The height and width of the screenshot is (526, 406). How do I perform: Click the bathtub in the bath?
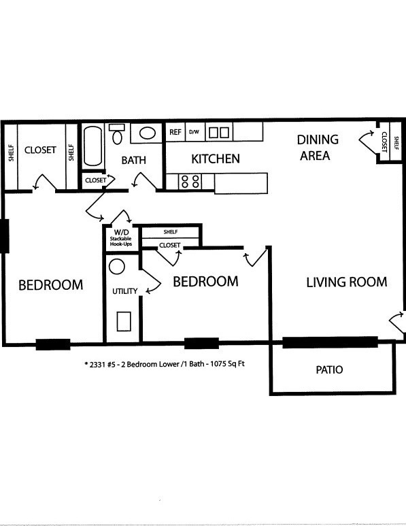coord(92,146)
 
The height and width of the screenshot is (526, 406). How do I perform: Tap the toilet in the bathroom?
coord(117,133)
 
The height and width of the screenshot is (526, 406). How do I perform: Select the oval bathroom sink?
coord(147,133)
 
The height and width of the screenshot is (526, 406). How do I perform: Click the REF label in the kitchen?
coord(175,132)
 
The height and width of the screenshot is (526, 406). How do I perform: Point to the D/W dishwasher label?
coord(194,132)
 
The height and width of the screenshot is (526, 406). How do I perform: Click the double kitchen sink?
coord(219,133)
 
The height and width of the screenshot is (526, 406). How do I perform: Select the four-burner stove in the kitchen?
coord(190,181)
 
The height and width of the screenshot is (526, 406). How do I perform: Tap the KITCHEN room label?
coord(216,159)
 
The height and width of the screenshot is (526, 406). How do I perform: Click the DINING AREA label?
coord(317,147)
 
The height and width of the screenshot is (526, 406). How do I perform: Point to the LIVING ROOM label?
coord(347,282)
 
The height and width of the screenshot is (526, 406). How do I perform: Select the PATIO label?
coord(329,369)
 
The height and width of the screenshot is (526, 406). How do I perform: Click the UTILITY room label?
coord(124,291)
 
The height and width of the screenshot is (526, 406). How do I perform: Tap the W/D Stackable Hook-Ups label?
coord(121,238)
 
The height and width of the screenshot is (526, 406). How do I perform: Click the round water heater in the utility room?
coord(117,267)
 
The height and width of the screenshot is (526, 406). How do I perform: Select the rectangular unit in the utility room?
coord(124,321)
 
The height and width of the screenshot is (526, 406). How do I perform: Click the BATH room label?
coord(133,161)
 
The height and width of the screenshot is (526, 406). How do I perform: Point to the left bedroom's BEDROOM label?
coord(50,285)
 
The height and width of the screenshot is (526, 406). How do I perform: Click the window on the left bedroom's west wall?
coord(4,236)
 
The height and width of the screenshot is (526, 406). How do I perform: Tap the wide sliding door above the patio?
coord(331,342)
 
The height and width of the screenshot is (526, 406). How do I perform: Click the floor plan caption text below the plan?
coord(165,364)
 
